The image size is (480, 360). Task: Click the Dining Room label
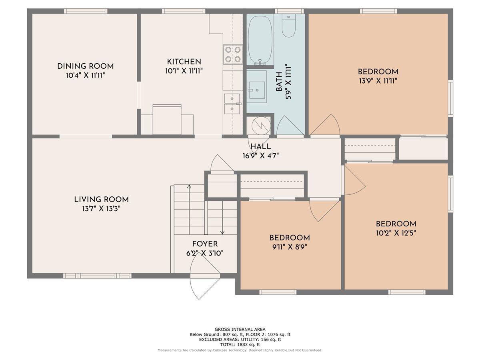pyautogui.click(x=85, y=66)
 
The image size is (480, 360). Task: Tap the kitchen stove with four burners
pyautogui.click(x=233, y=54)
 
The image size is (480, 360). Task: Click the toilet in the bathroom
pyautogui.click(x=289, y=26)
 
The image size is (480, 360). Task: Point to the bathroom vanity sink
pyautogui.click(x=257, y=90)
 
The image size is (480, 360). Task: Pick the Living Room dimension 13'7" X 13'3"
pyautogui.click(x=101, y=209)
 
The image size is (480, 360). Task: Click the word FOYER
pyautogui.click(x=205, y=244)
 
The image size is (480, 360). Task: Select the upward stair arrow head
pyautogui.click(x=189, y=186)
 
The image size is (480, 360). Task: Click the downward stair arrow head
pyautogui.click(x=222, y=232)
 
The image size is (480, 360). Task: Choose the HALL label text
pyautogui.click(x=261, y=146)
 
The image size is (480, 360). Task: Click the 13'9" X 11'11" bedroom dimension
pyautogui.click(x=378, y=81)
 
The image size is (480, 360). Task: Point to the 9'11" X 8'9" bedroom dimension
pyautogui.click(x=290, y=247)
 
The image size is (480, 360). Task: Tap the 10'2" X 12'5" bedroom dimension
pyautogui.click(x=396, y=233)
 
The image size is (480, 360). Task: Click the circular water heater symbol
pyautogui.click(x=261, y=126)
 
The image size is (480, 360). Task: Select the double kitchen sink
pyautogui.click(x=232, y=104)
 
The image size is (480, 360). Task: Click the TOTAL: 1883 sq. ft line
pyautogui.click(x=240, y=345)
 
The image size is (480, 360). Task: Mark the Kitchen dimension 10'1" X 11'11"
pyautogui.click(x=184, y=71)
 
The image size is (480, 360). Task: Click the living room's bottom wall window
pyautogui.click(x=97, y=276)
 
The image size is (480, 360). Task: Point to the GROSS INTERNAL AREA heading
pyautogui.click(x=240, y=329)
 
